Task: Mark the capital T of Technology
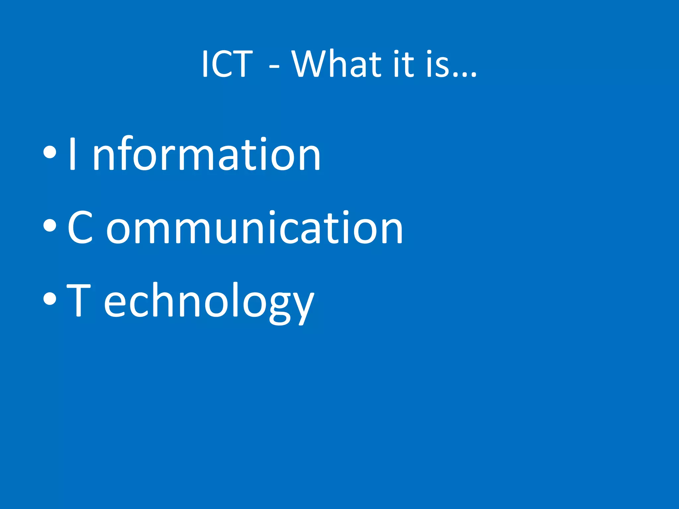coord(79,300)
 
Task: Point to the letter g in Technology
coord(280,305)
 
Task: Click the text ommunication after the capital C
coord(254,228)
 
